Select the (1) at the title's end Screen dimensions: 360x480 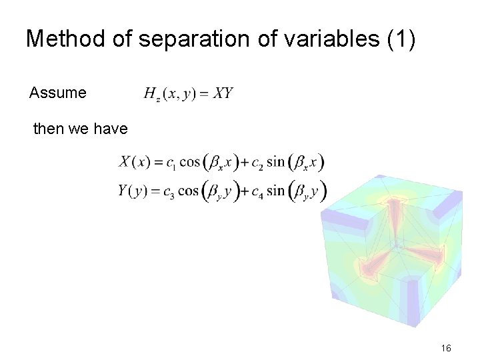point(401,39)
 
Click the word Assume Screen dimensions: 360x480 point(58,93)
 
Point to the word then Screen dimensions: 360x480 point(49,129)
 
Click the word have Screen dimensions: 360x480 point(111,129)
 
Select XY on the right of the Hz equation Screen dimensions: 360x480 point(223,93)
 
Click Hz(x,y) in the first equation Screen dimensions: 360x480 point(170,94)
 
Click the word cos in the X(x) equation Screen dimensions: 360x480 point(190,162)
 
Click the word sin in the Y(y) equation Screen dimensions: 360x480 point(275,191)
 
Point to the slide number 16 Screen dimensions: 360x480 point(446,348)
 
